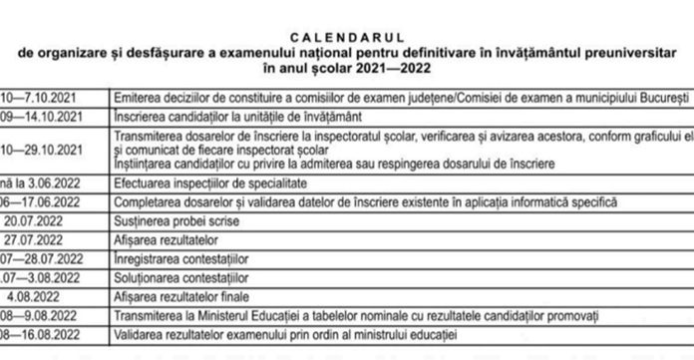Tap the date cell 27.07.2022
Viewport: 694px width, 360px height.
point(37,239)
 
